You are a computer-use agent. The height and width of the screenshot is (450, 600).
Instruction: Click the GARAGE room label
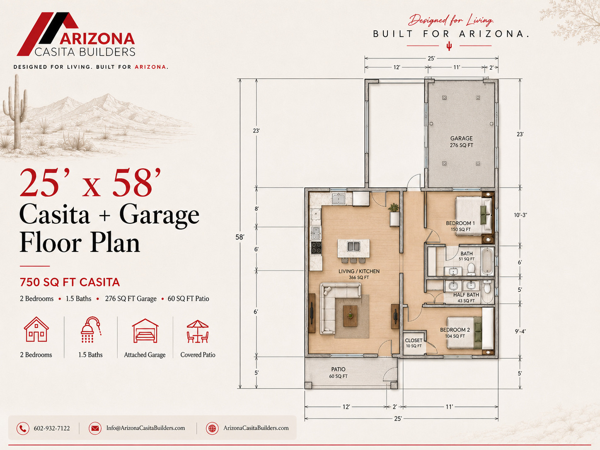click(462, 138)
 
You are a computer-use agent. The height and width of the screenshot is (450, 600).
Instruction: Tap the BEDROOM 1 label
click(460, 223)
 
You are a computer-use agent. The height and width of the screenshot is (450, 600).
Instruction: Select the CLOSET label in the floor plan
click(414, 341)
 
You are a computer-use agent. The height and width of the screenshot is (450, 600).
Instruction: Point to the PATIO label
click(339, 369)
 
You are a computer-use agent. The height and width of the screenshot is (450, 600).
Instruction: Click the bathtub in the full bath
click(487, 261)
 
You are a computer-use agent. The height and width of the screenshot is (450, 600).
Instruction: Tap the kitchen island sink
click(353, 247)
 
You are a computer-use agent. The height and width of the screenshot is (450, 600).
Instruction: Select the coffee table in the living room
click(350, 316)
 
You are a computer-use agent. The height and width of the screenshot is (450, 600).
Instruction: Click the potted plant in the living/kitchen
click(394, 207)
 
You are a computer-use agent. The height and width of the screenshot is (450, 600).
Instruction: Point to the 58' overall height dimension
click(240, 237)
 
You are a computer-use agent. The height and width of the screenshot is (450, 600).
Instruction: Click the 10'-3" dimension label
click(520, 215)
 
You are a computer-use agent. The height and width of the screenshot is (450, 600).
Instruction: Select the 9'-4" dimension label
click(520, 331)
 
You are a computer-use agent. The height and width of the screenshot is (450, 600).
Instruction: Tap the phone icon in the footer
click(23, 428)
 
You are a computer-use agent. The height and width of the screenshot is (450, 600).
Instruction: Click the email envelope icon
click(95, 428)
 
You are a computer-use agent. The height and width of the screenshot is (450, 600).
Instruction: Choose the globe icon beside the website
click(212, 428)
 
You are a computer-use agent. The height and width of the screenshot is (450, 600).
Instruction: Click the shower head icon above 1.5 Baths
click(91, 330)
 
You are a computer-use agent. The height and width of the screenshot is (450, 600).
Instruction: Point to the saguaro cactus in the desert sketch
click(16, 112)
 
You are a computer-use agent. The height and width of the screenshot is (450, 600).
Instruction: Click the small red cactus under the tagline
click(449, 46)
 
